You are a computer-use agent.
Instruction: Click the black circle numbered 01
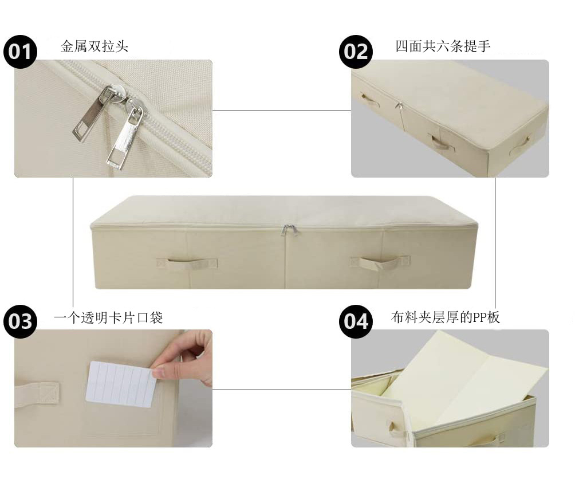click(21, 52)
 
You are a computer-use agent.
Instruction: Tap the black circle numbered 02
click(356, 52)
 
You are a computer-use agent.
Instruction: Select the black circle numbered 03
click(21, 321)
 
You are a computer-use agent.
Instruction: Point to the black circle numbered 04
click(356, 321)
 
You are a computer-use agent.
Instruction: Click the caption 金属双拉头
click(94, 46)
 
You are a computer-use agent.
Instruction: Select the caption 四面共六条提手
click(443, 46)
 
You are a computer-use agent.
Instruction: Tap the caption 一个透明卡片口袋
click(108, 317)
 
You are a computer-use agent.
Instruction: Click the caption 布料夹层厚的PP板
click(446, 317)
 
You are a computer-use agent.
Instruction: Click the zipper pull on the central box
click(289, 230)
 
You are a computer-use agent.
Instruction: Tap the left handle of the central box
click(188, 264)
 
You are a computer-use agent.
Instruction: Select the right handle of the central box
click(380, 264)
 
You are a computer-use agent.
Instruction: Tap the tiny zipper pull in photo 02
click(399, 107)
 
